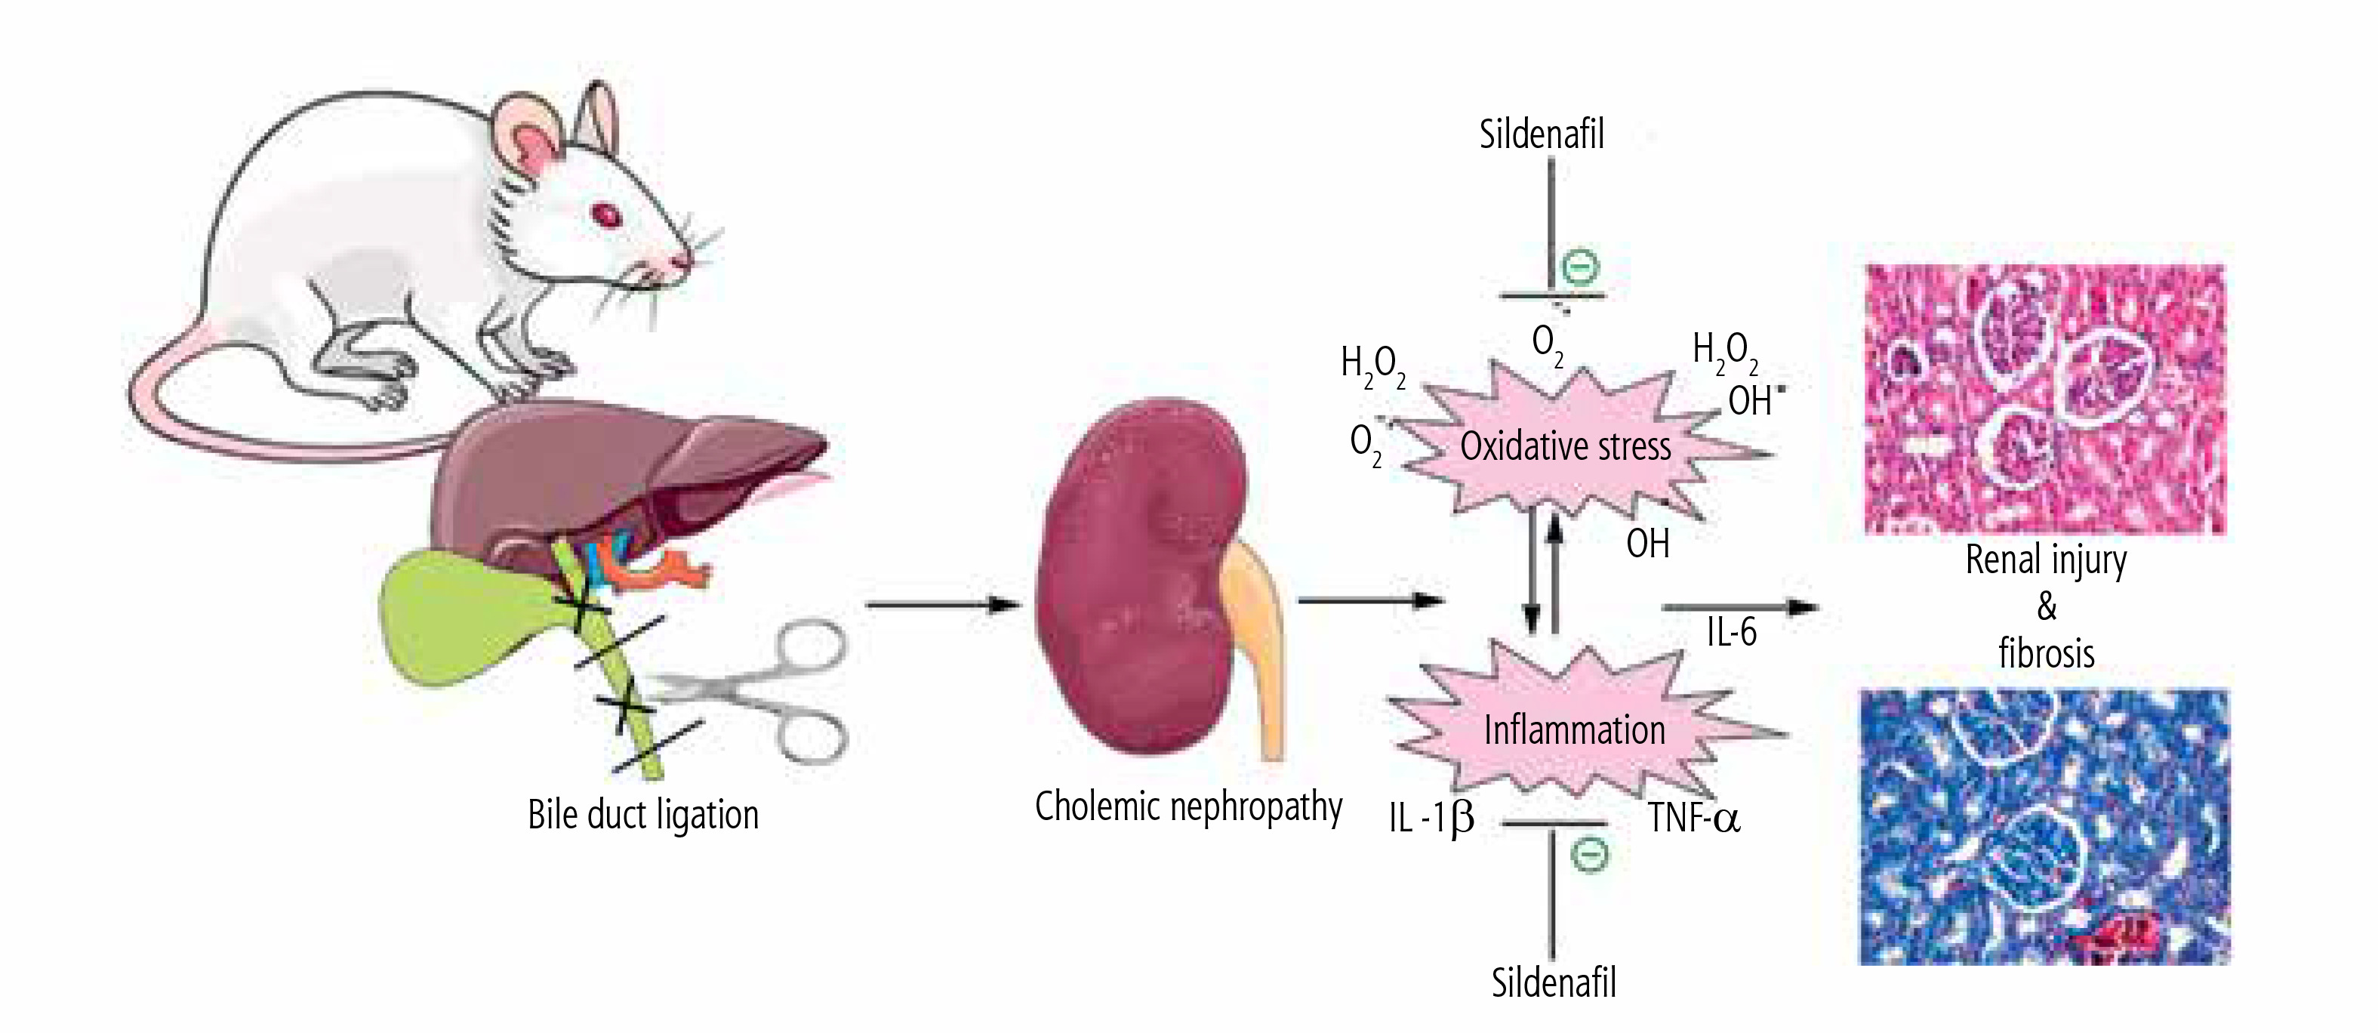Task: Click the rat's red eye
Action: [x=606, y=216]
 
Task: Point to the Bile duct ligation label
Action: [x=642, y=815]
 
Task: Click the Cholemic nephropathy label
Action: [x=1188, y=806]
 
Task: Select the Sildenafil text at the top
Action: [x=1541, y=134]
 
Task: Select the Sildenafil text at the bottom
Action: [x=1554, y=982]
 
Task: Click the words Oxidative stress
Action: [x=1565, y=447]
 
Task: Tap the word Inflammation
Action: [x=1574, y=730]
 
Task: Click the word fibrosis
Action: [x=2046, y=655]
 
